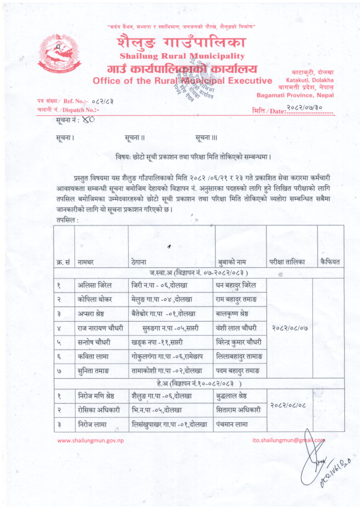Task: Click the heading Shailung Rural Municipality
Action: tap(182, 56)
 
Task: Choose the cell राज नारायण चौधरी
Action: tap(100, 327)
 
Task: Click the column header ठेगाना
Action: tap(139, 262)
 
